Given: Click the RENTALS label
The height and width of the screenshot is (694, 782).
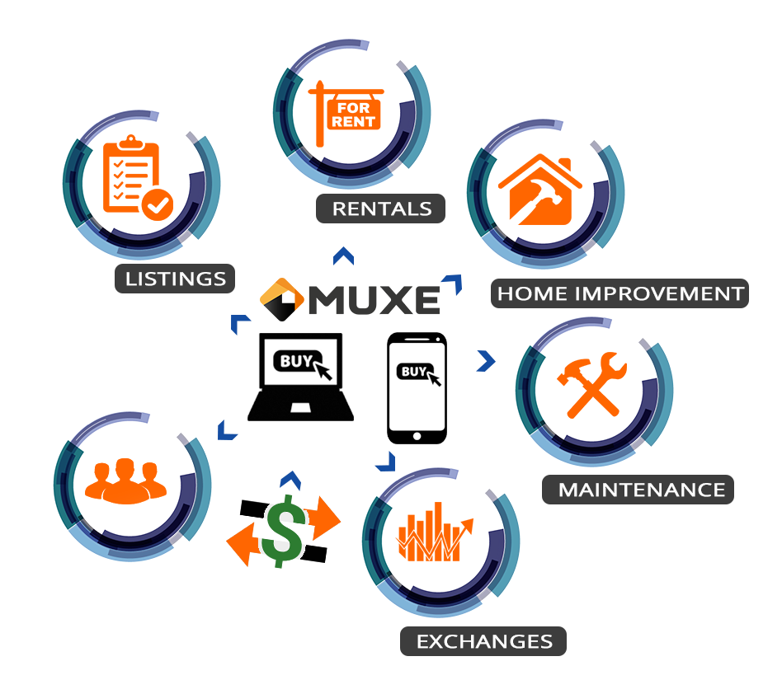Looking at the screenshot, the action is pos(380,209).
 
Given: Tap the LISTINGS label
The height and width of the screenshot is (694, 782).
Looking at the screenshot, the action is pos(175,279).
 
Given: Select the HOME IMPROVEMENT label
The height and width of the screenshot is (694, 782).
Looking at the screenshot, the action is pos(620,293).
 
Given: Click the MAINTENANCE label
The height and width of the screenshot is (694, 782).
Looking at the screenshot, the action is pos(638,490).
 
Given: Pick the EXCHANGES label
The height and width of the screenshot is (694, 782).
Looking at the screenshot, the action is pos(483,641).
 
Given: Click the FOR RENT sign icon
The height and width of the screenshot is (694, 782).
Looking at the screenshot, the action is pos(346,114).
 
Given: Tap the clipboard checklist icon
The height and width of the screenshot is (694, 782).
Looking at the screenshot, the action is pos(138,177).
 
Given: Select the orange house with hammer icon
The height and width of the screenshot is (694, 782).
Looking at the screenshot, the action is pos(540,190).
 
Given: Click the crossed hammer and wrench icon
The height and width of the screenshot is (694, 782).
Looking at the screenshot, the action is pos(592,385).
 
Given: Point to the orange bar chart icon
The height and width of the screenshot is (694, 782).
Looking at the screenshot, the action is pos(434,532).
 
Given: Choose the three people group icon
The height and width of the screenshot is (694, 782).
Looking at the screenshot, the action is pos(125,481).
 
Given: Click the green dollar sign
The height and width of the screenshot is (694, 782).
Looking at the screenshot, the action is pos(284,531).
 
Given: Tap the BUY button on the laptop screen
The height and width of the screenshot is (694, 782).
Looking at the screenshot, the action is pos(298,361).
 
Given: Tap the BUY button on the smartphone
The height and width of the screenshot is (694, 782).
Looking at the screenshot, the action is pos(414,371).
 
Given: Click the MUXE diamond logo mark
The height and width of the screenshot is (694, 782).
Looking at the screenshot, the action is pos(282,299).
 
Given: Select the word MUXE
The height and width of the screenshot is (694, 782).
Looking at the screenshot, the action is pos(374,300).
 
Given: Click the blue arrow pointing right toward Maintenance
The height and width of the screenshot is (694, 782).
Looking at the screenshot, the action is pos(486,361).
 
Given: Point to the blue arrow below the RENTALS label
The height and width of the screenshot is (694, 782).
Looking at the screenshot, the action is pos(344,256).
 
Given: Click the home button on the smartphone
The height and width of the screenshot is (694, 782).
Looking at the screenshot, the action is pos(417,436).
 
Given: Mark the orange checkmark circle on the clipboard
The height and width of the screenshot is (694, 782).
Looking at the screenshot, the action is pos(158,204).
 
